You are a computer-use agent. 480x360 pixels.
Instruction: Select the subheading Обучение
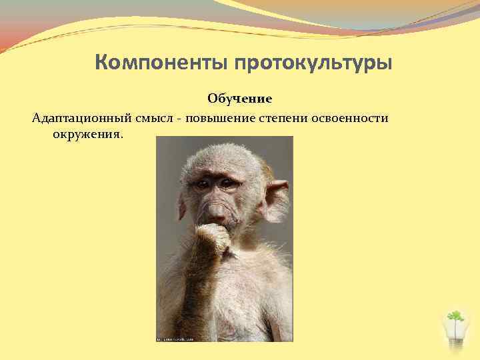(239, 99)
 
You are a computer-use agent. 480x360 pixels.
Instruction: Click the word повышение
(221, 118)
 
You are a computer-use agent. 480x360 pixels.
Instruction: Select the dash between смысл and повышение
(179, 119)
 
